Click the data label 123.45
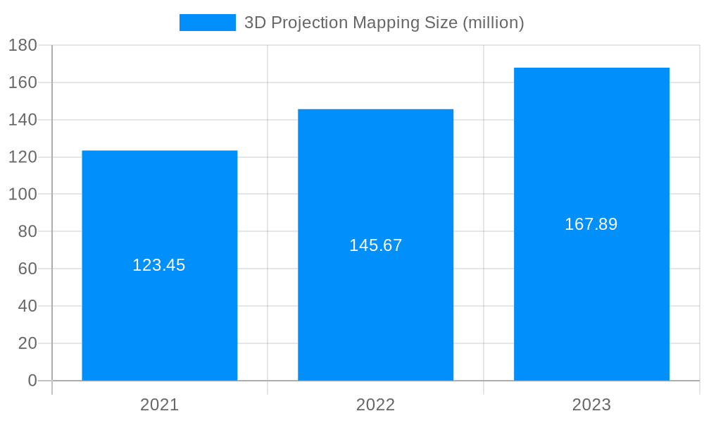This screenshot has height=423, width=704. (x=159, y=266)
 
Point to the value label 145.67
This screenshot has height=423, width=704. (x=375, y=246)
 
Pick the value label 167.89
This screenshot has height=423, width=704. (x=591, y=224)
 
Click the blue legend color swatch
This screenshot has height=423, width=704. (x=208, y=23)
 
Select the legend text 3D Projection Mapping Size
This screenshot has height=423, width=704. (x=384, y=23)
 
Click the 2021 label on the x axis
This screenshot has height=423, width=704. (x=160, y=405)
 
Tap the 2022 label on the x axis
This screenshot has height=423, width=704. (x=375, y=405)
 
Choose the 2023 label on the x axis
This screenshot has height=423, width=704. (x=591, y=405)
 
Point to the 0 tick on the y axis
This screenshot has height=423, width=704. (x=32, y=381)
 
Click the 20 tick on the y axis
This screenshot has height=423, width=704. (x=27, y=343)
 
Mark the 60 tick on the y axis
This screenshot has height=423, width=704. (x=27, y=269)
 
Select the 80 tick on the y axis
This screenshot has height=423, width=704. (x=27, y=231)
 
